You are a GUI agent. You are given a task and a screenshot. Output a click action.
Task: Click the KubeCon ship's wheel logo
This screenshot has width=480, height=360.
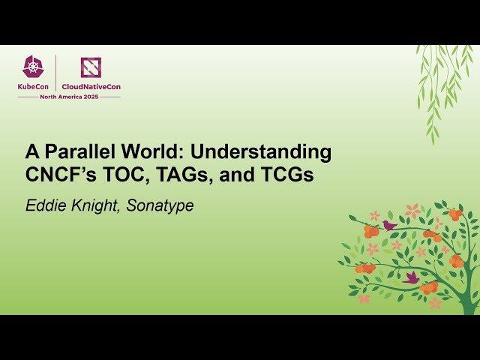coord(34,67)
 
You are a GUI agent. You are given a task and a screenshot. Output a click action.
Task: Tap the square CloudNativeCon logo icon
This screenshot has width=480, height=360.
coord(91,67)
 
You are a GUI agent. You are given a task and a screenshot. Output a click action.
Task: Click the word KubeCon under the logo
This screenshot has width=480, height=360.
coord(34,87)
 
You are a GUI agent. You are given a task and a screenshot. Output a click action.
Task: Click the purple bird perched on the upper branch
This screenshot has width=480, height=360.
coord(389,225)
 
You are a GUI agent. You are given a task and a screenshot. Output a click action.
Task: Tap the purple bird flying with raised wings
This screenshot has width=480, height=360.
coord(411,277)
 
